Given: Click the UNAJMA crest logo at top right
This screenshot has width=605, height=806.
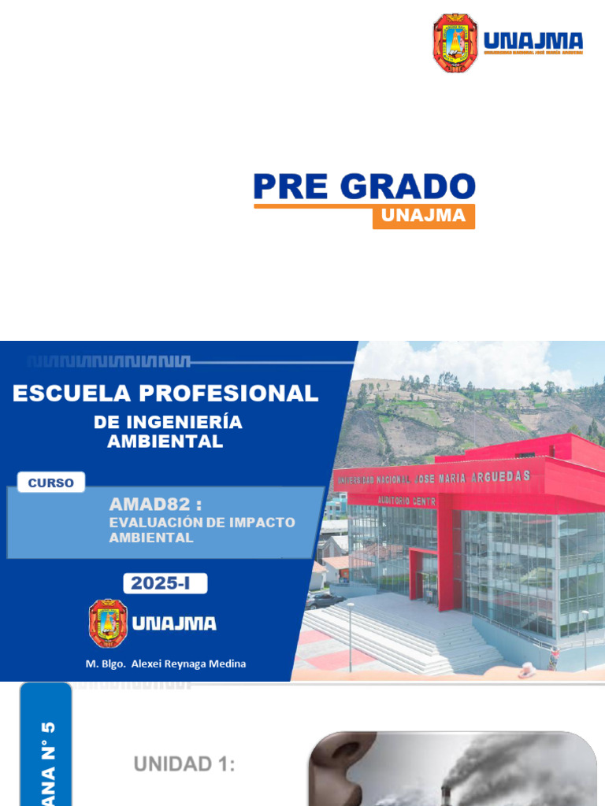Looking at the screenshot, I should coord(455,43).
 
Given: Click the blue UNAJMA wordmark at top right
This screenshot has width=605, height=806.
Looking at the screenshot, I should coord(533,42).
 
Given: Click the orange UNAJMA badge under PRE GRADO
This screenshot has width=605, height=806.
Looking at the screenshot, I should coord(423,216).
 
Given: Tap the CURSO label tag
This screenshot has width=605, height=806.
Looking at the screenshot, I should coord(50,482).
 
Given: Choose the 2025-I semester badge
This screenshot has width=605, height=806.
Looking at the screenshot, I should coord(165,583).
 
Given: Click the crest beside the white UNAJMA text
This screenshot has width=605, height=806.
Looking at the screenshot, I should coord(108,623).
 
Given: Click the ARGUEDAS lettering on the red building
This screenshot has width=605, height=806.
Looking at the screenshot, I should coord(501,476).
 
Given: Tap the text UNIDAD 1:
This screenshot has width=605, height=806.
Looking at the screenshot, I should coord(184,763).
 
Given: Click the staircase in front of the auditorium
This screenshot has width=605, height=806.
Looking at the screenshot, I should coord(394,630).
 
